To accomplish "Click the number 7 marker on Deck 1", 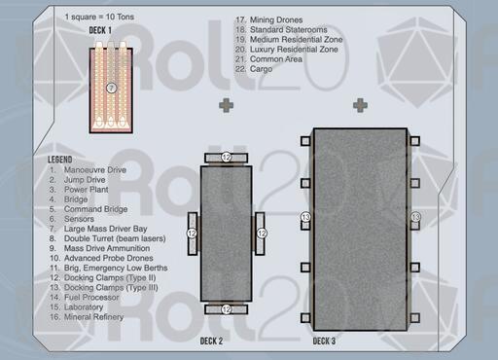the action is coord(111,88).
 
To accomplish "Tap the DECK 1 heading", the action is coord(100,30).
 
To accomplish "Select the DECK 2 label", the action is coord(211,342).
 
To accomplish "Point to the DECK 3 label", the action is coord(324,342).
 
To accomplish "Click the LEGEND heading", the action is coord(60,160).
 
